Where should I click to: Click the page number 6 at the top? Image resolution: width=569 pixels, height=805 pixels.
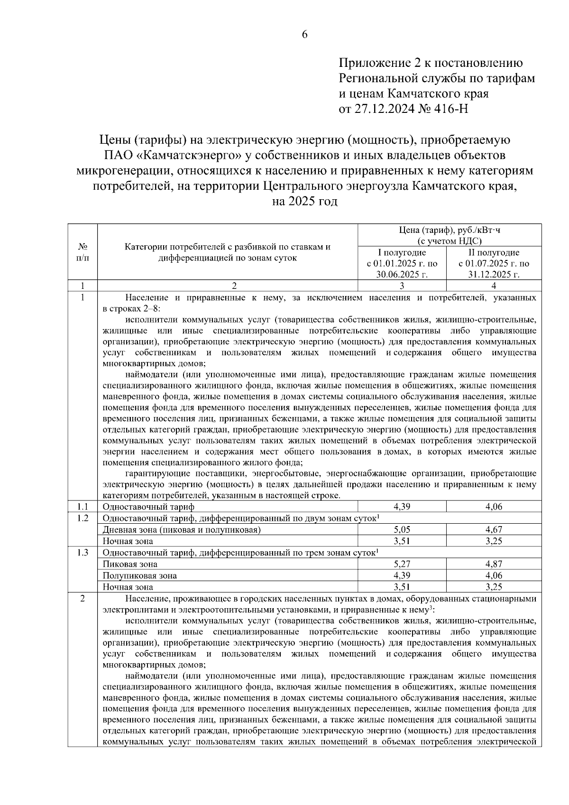(304, 34)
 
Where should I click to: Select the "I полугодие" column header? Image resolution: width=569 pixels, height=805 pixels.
(402, 252)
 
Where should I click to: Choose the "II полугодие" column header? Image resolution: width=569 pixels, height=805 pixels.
(494, 252)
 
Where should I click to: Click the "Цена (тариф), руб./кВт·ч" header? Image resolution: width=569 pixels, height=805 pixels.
(449, 231)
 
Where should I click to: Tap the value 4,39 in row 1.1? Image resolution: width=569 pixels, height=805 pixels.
(402, 507)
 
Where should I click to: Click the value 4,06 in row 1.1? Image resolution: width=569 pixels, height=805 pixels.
(494, 507)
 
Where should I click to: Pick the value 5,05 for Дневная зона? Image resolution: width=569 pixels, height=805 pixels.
(402, 529)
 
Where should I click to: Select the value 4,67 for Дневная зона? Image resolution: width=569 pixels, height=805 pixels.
(494, 529)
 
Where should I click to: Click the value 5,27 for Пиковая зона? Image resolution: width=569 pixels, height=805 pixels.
(402, 564)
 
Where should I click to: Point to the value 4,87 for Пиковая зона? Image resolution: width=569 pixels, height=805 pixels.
(494, 564)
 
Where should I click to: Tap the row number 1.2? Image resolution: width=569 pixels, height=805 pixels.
(83, 518)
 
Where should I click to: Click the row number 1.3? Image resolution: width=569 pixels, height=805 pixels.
(83, 553)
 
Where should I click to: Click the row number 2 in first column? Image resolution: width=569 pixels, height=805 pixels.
(83, 599)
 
